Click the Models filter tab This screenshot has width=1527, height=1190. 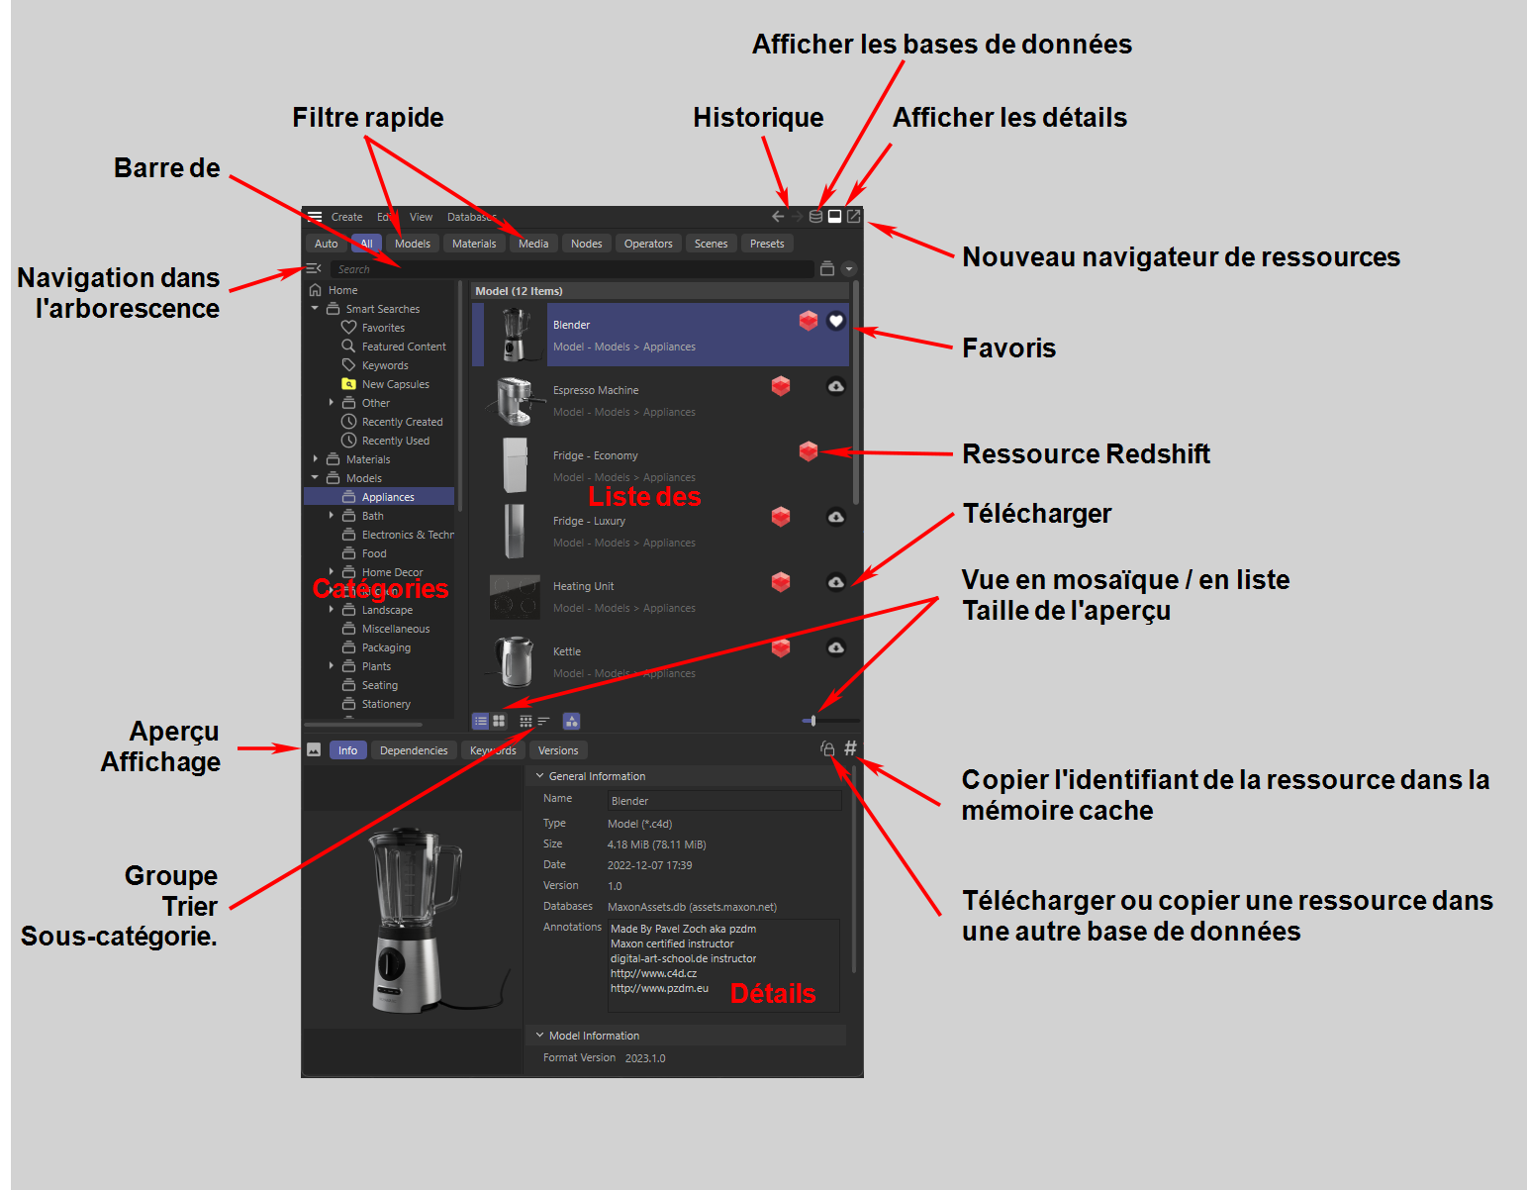412,244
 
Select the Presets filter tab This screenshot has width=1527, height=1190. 766,244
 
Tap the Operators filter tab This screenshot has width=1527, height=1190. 648,244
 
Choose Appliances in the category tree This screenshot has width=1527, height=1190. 388,497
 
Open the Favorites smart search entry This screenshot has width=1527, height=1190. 383,328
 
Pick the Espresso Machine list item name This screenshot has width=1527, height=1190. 596,390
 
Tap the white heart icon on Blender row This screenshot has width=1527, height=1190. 836,321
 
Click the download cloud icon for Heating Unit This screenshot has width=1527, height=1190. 836,582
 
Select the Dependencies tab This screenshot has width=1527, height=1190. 414,750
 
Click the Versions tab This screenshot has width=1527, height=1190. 558,750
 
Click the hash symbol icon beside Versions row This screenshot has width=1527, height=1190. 850,748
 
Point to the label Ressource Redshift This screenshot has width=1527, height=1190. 1086,454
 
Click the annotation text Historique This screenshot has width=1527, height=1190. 758,118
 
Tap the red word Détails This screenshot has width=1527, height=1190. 773,994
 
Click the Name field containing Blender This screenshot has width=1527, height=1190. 723,801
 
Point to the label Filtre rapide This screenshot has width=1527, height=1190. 368,118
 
